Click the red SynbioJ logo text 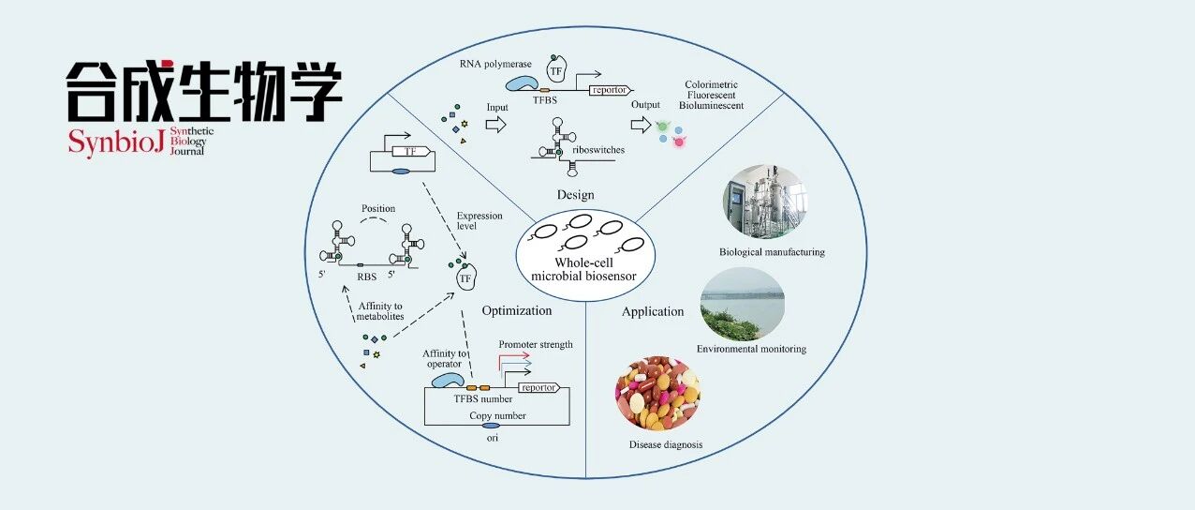click(116, 142)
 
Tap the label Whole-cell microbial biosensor click(583, 269)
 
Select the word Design click(575, 195)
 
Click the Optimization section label click(516, 311)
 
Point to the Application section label click(653, 312)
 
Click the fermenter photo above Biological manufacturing click(765, 202)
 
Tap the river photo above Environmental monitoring click(742, 304)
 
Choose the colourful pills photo click(657, 393)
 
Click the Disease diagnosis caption click(665, 444)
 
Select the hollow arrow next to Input click(495, 125)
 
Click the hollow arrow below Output click(641, 125)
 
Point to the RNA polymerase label click(495, 64)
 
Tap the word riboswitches click(598, 150)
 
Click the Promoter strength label click(536, 344)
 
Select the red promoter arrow click(513, 359)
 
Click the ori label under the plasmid click(493, 438)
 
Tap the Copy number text click(497, 415)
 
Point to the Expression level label click(479, 220)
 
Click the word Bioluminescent click(711, 106)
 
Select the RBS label click(367, 277)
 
